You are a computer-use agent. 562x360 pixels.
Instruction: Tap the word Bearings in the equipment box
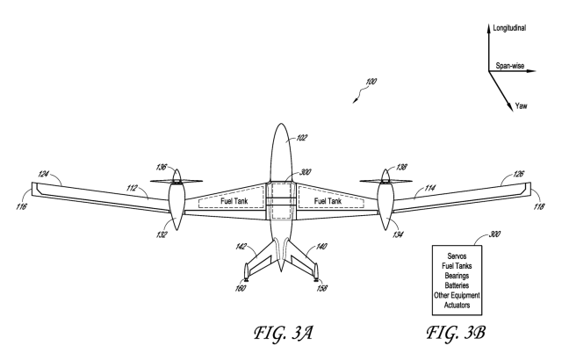(x=472, y=275)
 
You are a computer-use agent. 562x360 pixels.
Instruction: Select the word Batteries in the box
(x=472, y=284)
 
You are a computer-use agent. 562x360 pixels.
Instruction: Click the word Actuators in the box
(x=472, y=304)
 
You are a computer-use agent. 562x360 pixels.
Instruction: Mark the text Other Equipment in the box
(x=472, y=294)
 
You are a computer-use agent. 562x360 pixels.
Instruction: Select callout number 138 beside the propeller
(x=403, y=166)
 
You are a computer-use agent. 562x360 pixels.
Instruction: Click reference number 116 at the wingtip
(x=21, y=207)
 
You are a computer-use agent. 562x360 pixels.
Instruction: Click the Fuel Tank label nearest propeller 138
(x=328, y=201)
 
